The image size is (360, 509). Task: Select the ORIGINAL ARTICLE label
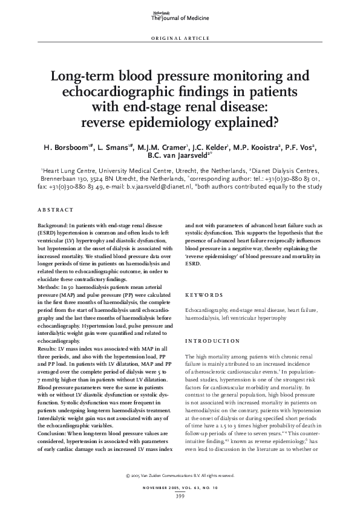180,37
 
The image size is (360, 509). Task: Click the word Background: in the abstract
54,225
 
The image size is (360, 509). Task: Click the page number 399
180,496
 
